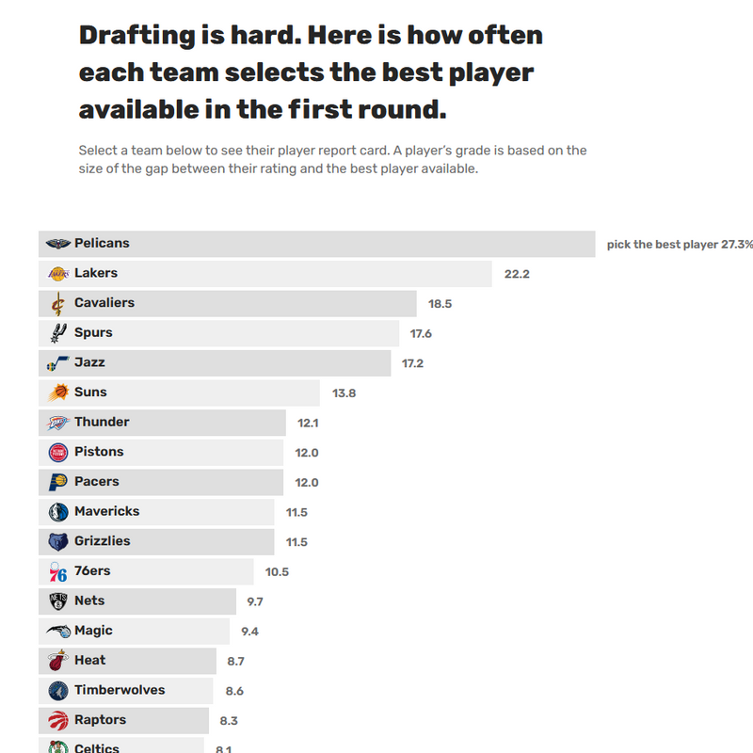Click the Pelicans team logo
click(58, 244)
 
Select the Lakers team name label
click(96, 273)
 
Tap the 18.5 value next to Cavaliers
click(440, 304)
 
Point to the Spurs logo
click(58, 333)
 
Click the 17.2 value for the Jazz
click(413, 363)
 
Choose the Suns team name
click(90, 393)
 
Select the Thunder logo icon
click(58, 423)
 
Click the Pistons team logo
click(58, 453)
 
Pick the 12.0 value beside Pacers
click(307, 483)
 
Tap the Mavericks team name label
click(106, 511)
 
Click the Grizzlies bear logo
click(58, 542)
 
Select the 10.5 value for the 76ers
click(277, 572)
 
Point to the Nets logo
click(58, 601)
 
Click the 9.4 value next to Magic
click(249, 632)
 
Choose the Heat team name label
click(90, 661)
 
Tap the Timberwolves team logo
click(58, 691)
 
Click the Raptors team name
click(100, 720)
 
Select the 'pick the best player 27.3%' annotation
click(679, 245)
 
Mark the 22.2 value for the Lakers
click(517, 274)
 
